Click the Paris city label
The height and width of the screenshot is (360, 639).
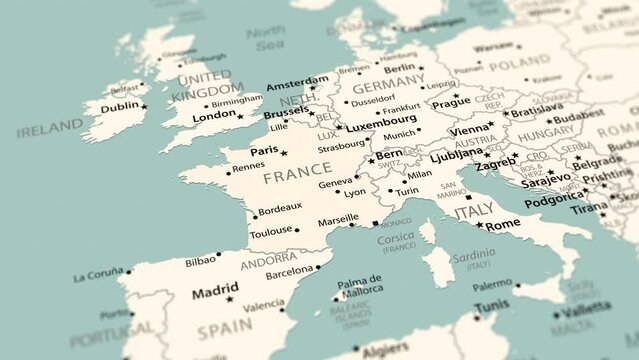(264, 151)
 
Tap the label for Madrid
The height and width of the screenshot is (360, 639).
(215, 294)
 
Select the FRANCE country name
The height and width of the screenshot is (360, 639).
(297, 177)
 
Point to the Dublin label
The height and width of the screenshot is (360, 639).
(120, 106)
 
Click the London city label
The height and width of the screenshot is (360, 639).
(214, 116)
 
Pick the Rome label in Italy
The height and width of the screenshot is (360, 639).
(503, 225)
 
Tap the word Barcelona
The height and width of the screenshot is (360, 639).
(289, 271)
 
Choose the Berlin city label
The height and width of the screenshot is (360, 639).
(399, 68)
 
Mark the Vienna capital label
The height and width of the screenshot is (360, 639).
(469, 131)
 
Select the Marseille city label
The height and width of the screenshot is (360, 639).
(337, 218)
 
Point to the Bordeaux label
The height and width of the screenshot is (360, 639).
(280, 208)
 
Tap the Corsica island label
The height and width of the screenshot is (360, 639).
(396, 238)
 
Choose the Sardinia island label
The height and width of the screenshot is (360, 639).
(473, 255)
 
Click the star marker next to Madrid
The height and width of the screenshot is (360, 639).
(230, 299)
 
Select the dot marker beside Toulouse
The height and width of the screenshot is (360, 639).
(297, 230)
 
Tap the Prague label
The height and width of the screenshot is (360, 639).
(450, 102)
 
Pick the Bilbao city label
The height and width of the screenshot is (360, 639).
(200, 262)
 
